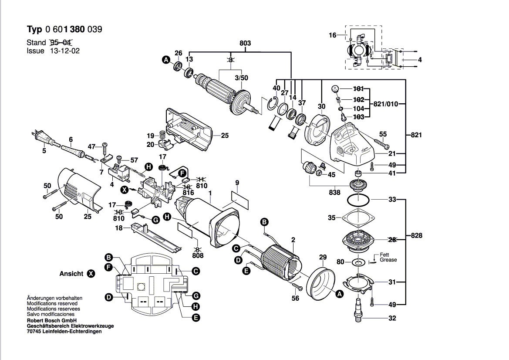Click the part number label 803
coord(245,43)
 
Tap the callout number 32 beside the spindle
coord(392,318)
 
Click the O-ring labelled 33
coord(359,200)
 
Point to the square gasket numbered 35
coord(359,217)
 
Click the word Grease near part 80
coord(388,260)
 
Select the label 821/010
coord(386,104)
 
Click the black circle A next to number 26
coord(165,60)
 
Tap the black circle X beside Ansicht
coord(91,274)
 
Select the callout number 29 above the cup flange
coord(323,258)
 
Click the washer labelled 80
coord(359,262)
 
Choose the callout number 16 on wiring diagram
coord(333,35)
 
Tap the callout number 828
coord(416,236)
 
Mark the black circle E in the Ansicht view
coord(196,318)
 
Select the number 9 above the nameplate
coord(237,182)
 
